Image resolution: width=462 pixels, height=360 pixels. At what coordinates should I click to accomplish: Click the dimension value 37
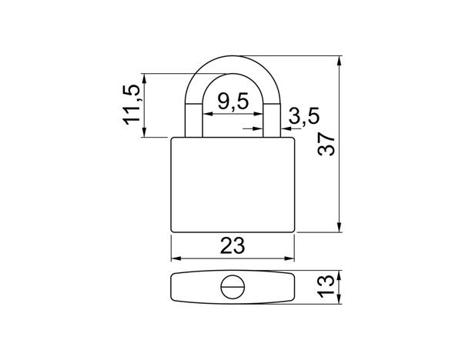[326, 144]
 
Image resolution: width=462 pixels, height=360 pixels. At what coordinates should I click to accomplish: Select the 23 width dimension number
[233, 246]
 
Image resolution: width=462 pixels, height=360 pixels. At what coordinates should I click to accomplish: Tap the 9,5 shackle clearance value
[233, 102]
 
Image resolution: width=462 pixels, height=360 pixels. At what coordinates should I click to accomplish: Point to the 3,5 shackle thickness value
[304, 116]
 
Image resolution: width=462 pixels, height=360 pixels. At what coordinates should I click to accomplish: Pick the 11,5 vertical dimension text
[132, 105]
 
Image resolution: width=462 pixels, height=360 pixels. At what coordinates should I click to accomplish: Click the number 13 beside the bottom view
[326, 286]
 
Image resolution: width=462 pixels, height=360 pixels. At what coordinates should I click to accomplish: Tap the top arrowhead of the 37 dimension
[340, 61]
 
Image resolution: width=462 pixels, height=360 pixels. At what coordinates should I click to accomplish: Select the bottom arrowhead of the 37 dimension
[340, 227]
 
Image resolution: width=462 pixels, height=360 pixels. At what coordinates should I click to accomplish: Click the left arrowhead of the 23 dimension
[176, 258]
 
